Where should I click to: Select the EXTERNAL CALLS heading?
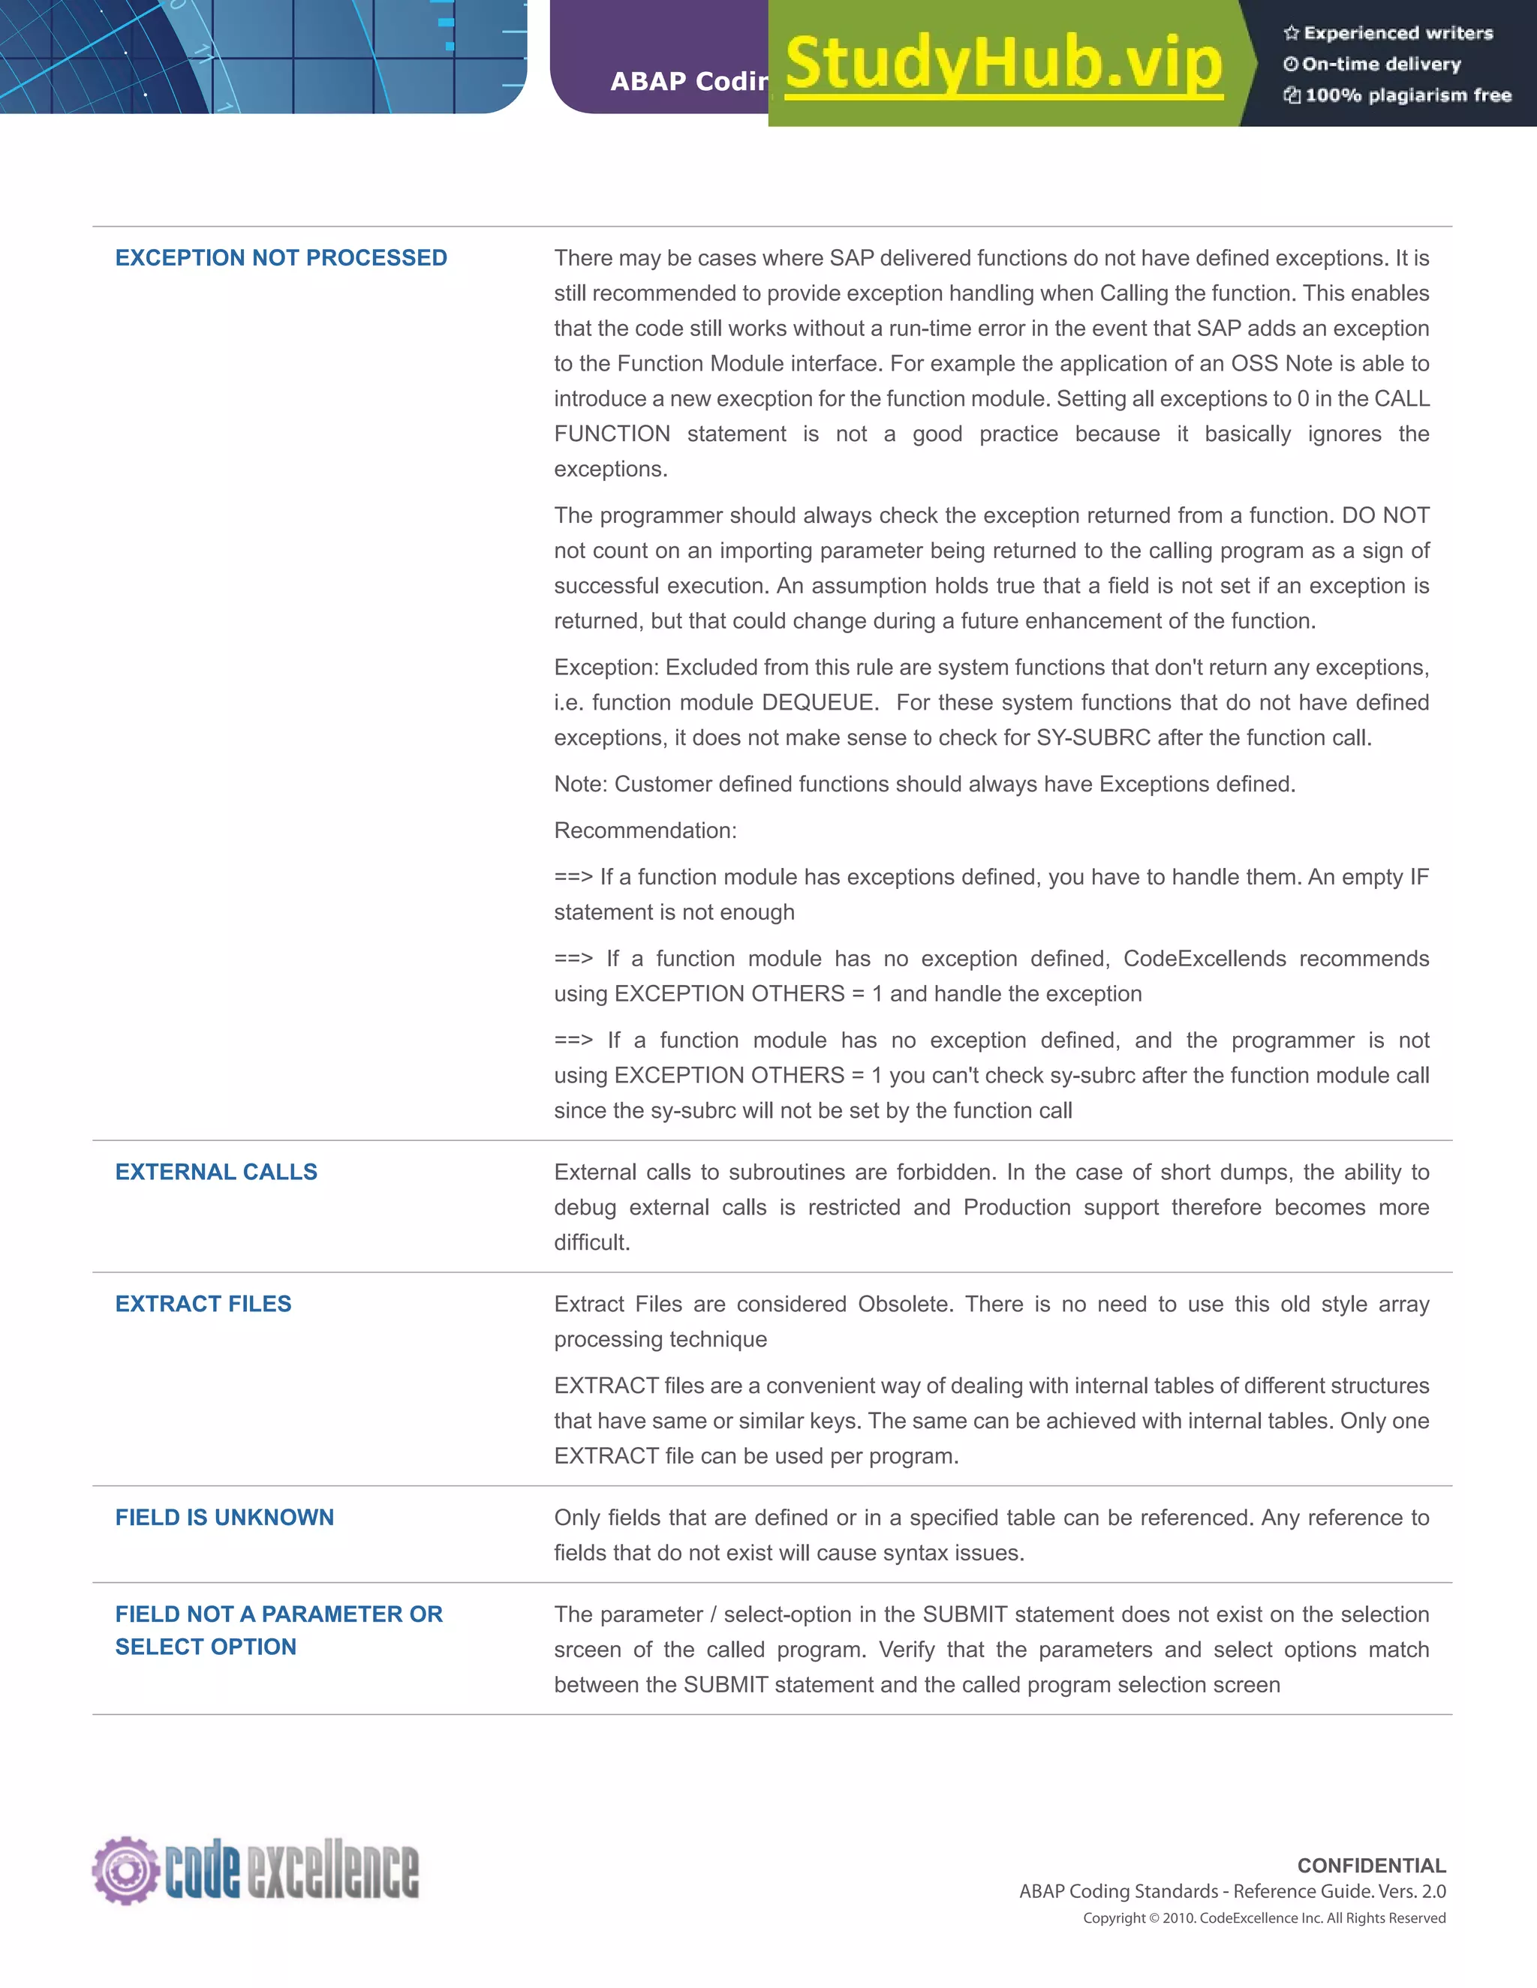coord(216,1172)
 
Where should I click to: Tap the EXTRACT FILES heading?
coord(203,1304)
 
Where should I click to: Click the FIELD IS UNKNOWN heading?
coord(224,1518)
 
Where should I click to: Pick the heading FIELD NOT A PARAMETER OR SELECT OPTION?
coord(278,1630)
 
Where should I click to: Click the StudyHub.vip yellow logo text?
coord(1003,64)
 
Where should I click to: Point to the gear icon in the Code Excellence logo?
coord(125,1870)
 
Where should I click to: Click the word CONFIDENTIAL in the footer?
coord(1371,1866)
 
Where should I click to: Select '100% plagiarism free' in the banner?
coord(1408,95)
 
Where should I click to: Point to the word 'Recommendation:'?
coord(645,830)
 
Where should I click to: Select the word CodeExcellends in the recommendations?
coord(1205,959)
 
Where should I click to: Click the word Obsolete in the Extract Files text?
coord(905,1305)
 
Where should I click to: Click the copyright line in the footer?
coord(1264,1918)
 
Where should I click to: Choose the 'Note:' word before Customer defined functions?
coord(580,785)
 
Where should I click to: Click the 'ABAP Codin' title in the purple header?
coord(689,82)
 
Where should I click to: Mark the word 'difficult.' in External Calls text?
coord(592,1242)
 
